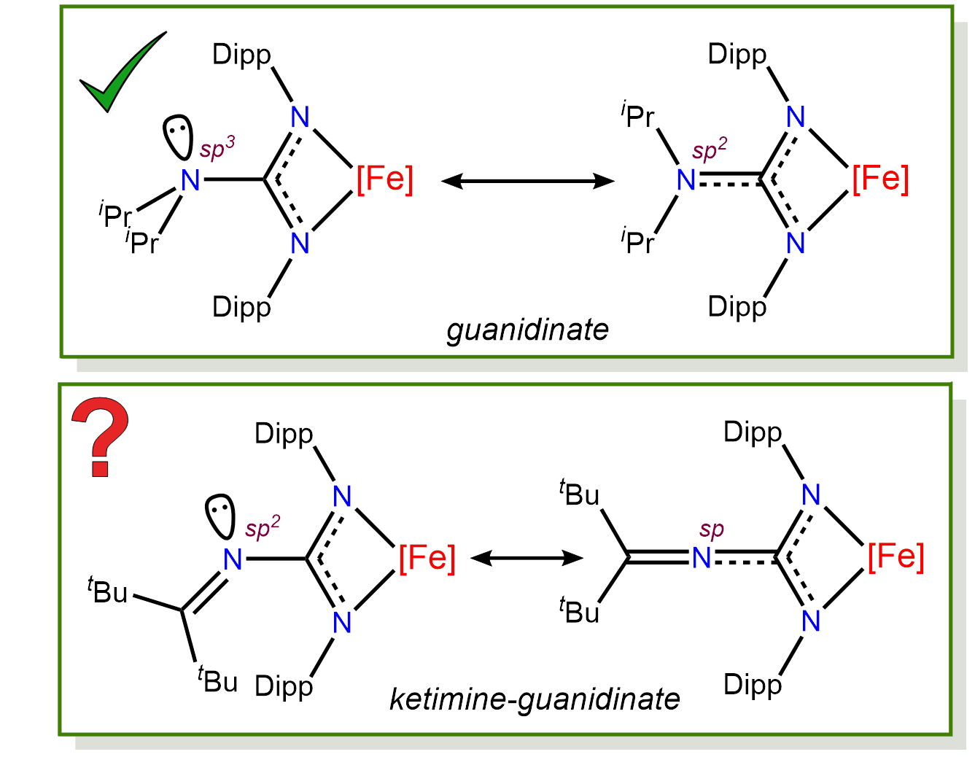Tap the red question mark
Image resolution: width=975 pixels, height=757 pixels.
[100, 436]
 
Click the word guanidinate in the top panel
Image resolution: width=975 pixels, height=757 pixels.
[527, 330]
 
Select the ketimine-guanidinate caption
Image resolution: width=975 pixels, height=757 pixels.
[535, 699]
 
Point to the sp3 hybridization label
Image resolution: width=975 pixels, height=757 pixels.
[217, 147]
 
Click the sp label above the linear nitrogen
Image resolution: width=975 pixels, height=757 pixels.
[711, 530]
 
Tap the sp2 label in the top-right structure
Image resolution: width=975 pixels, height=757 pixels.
[709, 150]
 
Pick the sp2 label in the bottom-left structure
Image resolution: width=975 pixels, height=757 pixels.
[262, 528]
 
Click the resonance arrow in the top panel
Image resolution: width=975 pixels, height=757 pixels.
[528, 181]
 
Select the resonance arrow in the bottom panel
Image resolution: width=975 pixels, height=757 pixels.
[527, 559]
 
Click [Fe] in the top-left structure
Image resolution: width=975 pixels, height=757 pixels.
[384, 179]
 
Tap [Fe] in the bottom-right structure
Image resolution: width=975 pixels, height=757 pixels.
[896, 557]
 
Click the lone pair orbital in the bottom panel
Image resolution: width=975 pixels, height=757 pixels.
[220, 516]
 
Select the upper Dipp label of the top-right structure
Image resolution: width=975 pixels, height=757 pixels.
[737, 55]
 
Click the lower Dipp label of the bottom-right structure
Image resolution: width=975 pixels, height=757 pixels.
[752, 685]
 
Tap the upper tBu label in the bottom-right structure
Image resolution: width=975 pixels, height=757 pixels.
[580, 494]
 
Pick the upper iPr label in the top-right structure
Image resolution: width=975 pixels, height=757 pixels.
[638, 115]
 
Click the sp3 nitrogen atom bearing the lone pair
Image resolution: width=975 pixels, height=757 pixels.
[190, 180]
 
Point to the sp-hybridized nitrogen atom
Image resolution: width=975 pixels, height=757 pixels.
[702, 559]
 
